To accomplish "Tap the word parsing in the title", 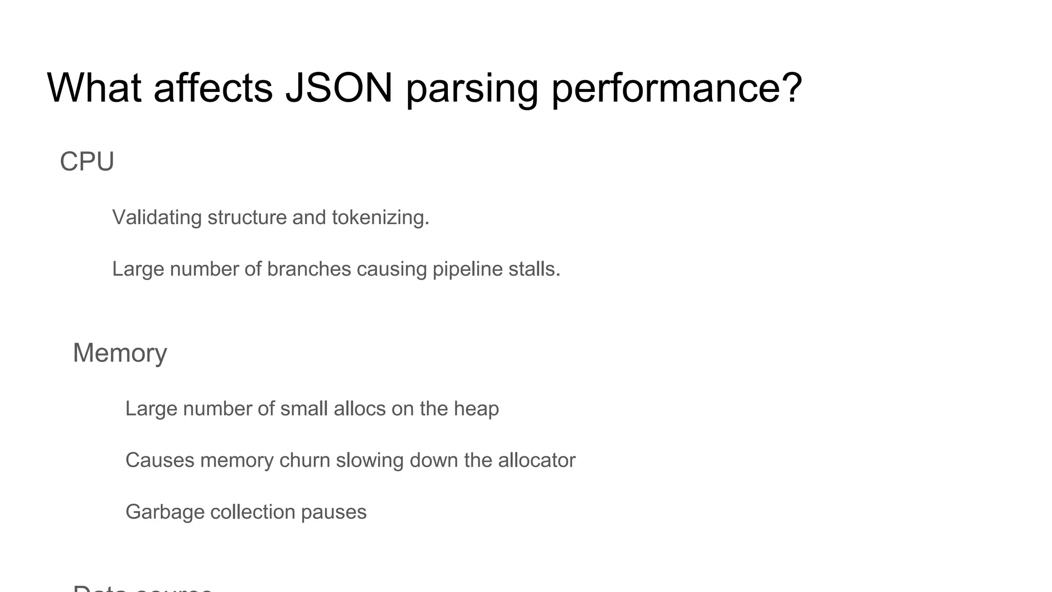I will [x=472, y=88].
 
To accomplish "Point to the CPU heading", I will [x=87, y=161].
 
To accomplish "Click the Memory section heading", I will [x=120, y=353].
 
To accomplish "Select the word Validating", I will [x=157, y=217].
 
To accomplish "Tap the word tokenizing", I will [x=380, y=217].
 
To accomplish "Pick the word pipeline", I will [x=467, y=269].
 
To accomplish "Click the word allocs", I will [x=359, y=409].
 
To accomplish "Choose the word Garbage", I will [x=165, y=512].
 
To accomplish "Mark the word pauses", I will [x=333, y=512].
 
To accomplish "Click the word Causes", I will [x=160, y=460].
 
